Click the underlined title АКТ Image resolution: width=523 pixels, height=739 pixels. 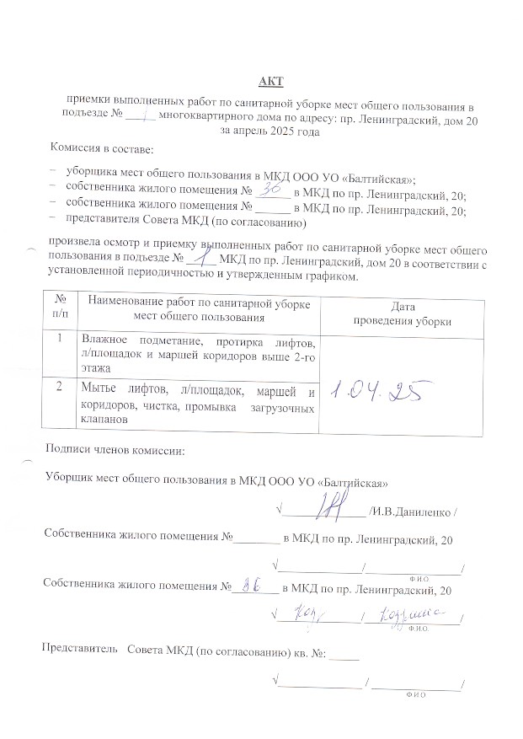271,81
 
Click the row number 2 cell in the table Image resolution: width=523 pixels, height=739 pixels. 60,389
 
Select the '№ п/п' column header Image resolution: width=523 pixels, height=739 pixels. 60,307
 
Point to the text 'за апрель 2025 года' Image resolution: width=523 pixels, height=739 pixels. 270,131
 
